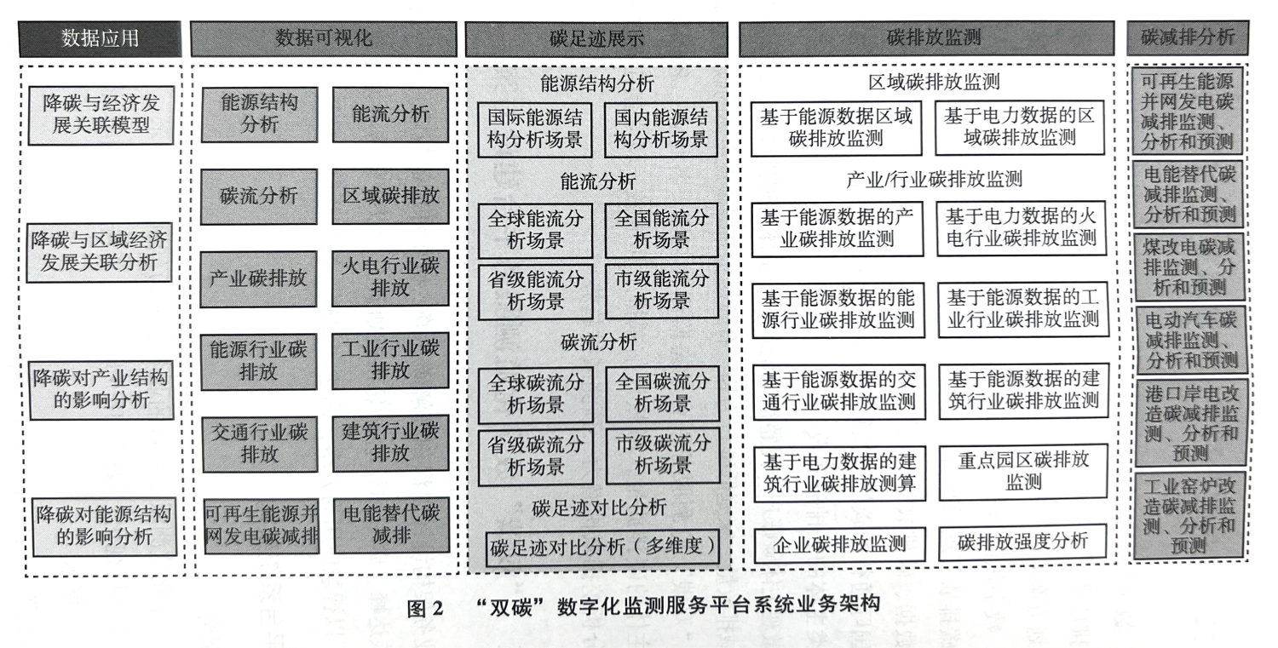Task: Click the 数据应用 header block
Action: click(x=100, y=39)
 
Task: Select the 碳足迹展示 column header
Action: click(x=596, y=39)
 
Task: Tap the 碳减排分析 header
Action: click(x=1188, y=37)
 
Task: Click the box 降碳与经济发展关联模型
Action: click(x=101, y=115)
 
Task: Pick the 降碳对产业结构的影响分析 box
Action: click(x=101, y=390)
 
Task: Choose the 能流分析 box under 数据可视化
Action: click(x=390, y=114)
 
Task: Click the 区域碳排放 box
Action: click(x=391, y=196)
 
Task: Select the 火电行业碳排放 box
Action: click(x=391, y=278)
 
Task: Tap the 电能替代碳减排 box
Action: click(x=391, y=525)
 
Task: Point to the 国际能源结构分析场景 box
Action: click(x=534, y=129)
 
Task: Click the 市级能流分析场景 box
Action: click(x=662, y=290)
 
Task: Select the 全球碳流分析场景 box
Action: click(x=536, y=395)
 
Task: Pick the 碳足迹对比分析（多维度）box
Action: click(x=602, y=548)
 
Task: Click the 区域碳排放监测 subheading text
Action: click(x=934, y=82)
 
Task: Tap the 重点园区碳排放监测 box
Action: click(x=1023, y=472)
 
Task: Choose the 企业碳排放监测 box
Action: click(x=840, y=545)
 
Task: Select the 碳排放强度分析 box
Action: click(x=1022, y=542)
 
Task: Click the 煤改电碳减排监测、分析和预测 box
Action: click(x=1189, y=267)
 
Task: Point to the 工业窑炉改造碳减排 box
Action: click(x=1189, y=514)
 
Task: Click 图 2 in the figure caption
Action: click(x=425, y=608)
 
